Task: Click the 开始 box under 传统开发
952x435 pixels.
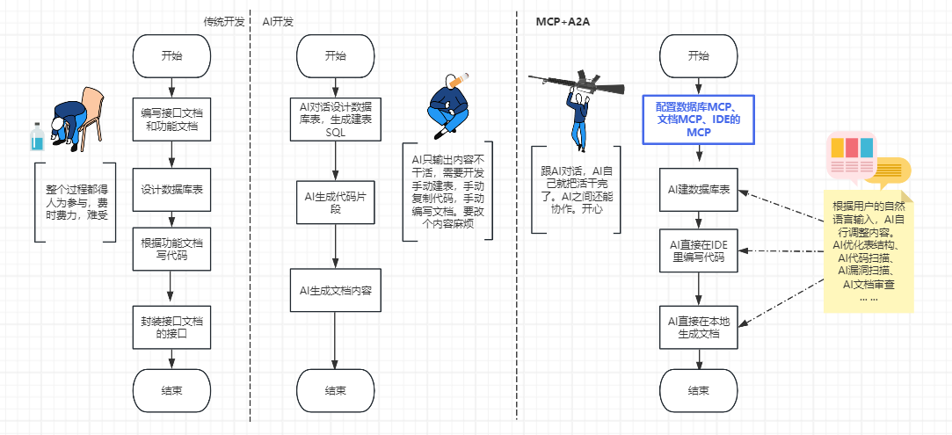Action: [171, 55]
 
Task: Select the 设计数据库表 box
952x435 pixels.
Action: [171, 189]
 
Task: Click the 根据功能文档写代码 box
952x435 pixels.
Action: [171, 249]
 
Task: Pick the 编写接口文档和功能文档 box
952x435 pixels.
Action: [171, 120]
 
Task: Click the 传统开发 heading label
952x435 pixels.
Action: [224, 20]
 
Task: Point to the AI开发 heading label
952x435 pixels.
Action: [279, 20]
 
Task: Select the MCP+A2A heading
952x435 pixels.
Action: [563, 20]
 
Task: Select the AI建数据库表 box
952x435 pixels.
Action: [698, 189]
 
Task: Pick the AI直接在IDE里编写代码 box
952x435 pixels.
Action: [698, 250]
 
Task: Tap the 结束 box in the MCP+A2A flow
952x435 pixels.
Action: [698, 390]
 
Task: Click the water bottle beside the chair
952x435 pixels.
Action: [36, 138]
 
